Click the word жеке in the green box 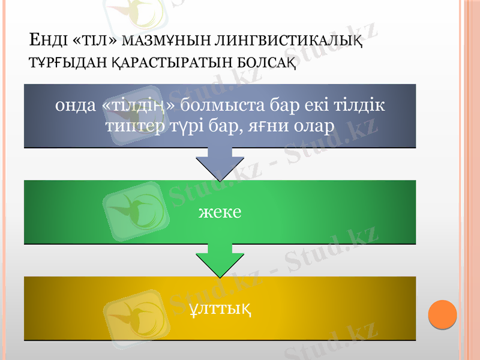pos(220,212)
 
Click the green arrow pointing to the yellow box pos(220,259)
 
